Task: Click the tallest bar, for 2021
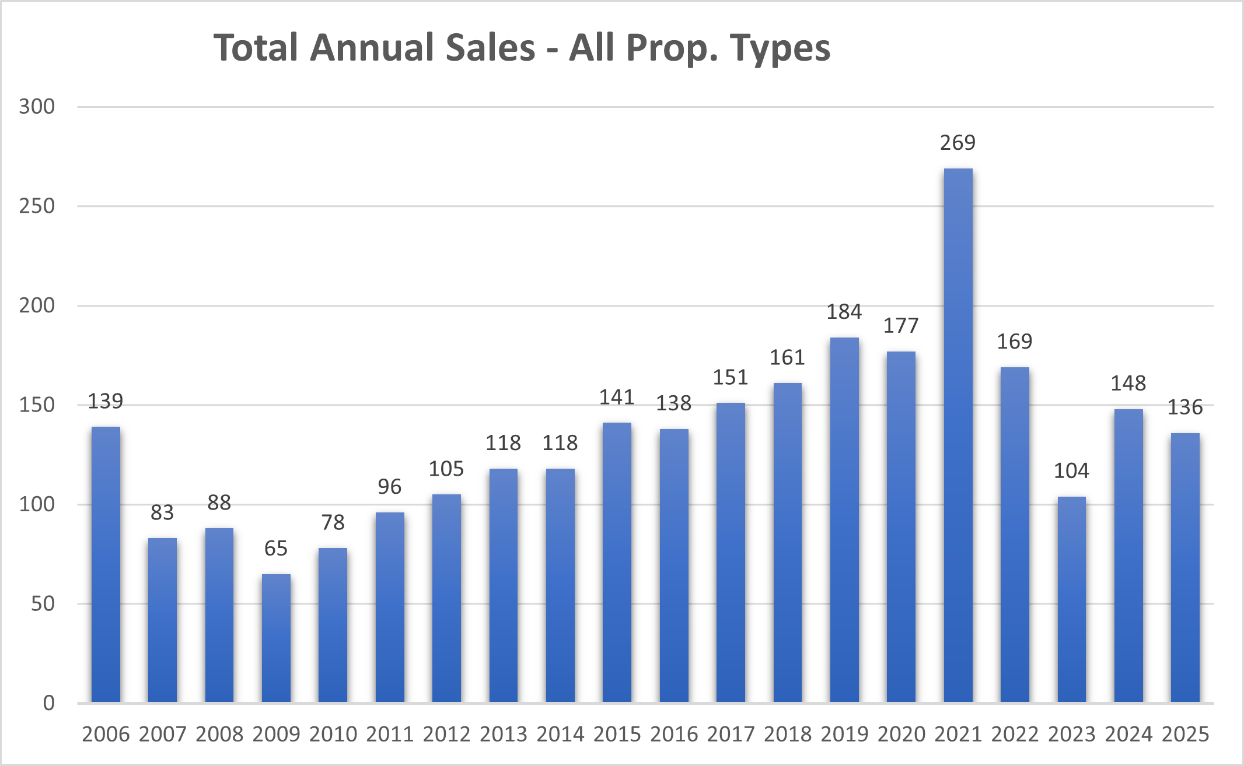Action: (x=958, y=434)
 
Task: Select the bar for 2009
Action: (x=276, y=638)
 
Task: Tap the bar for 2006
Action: (x=106, y=564)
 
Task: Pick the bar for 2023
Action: (x=1071, y=599)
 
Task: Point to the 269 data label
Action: (x=958, y=143)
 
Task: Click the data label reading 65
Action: (x=276, y=549)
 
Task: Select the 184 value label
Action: (x=844, y=312)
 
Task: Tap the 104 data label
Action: (x=1071, y=471)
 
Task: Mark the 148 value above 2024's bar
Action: (x=1128, y=384)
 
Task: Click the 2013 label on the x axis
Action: (x=504, y=734)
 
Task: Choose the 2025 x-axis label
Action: (x=1185, y=734)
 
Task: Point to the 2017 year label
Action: (x=731, y=734)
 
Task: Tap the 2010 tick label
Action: (x=333, y=734)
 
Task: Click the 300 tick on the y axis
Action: (x=37, y=107)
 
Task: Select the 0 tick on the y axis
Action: (x=49, y=703)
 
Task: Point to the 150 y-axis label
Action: (x=37, y=405)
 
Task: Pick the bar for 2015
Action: (x=617, y=562)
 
